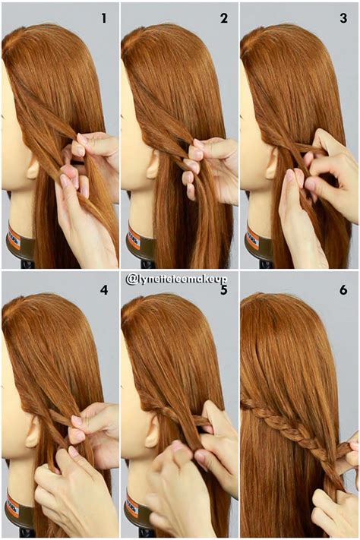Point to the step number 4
pos(104,290)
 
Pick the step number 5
pos(224,290)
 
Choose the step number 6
pos(344,290)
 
